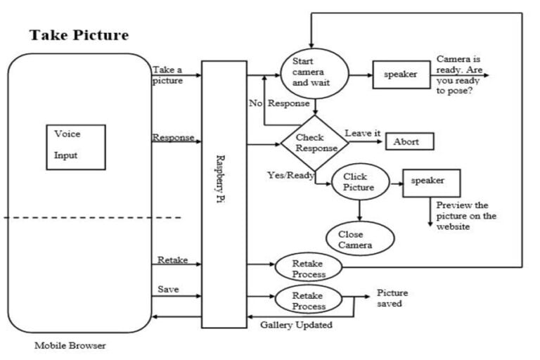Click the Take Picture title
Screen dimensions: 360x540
tap(79, 35)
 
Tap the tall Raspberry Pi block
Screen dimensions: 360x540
tap(224, 193)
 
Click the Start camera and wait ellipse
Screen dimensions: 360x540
tap(314, 72)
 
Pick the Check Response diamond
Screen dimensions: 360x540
tap(314, 143)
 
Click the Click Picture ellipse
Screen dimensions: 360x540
tap(359, 182)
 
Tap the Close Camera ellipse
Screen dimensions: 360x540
tap(359, 239)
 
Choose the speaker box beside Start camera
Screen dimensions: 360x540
tap(401, 74)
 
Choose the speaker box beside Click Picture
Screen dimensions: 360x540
tap(430, 181)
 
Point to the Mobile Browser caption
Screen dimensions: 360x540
tap(71, 346)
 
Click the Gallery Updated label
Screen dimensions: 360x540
tap(296, 325)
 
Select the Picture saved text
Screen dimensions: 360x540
tap(392, 298)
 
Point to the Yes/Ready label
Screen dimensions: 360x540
tap(290, 175)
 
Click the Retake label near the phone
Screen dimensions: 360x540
tap(172, 260)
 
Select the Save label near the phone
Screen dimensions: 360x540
tap(167, 289)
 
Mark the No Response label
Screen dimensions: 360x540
tap(279, 103)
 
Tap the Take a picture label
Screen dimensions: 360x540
tap(167, 75)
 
